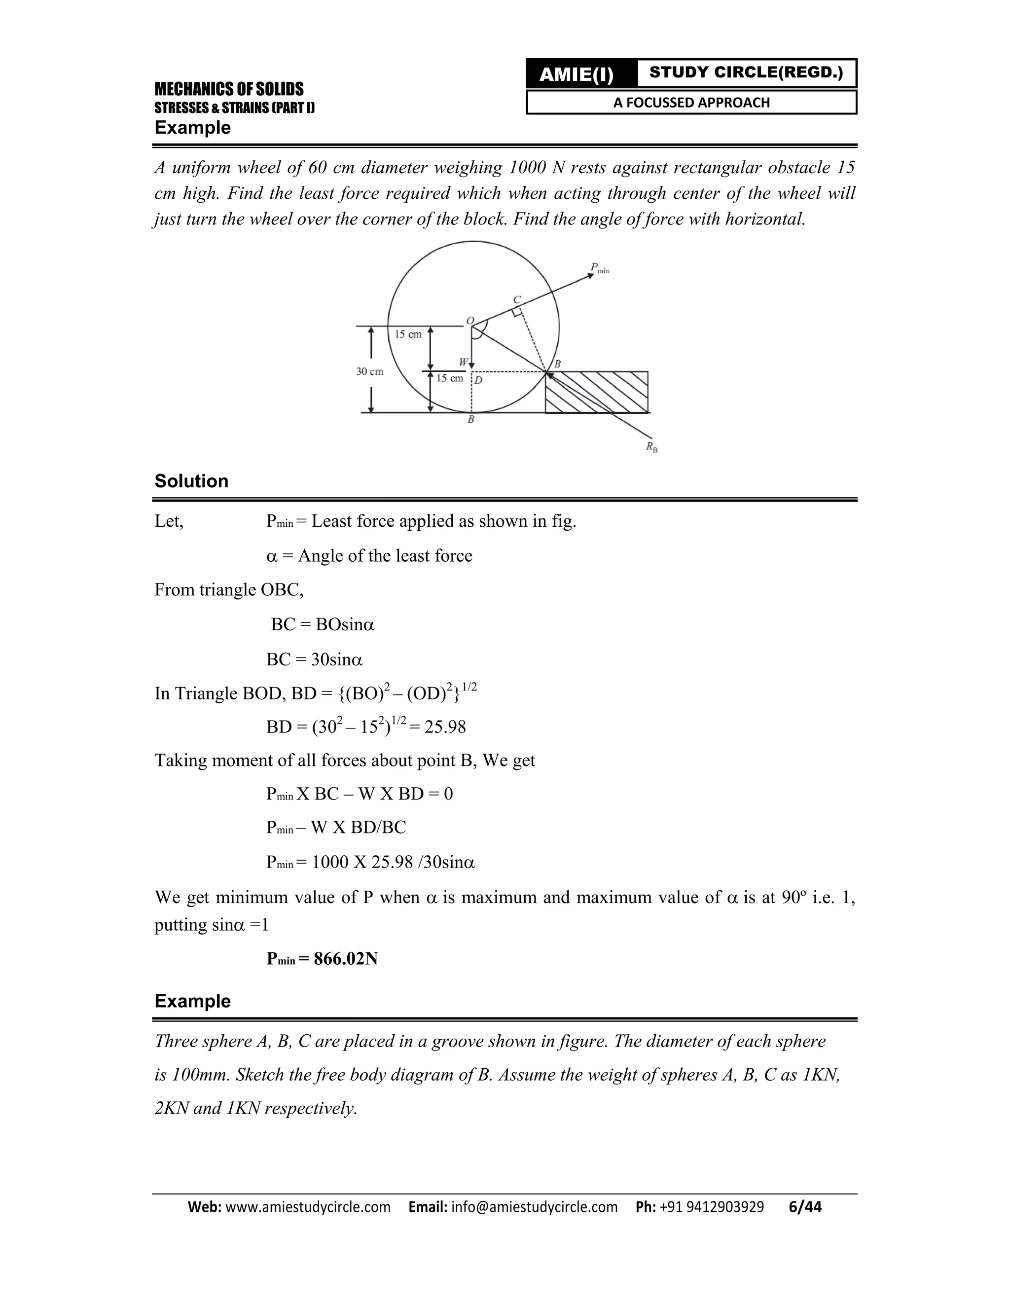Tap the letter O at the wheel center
point(469,320)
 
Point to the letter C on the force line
point(517,299)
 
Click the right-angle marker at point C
point(517,311)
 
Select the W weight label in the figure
point(463,362)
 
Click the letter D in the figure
point(479,380)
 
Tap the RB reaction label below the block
point(651,446)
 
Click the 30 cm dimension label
point(370,372)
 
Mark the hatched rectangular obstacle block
point(597,392)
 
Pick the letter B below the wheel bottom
point(471,420)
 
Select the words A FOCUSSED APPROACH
point(691,102)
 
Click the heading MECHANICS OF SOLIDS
point(228,89)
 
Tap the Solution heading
point(191,481)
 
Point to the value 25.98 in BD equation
point(444,727)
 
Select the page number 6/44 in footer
point(805,1206)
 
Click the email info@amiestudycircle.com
point(534,1206)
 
